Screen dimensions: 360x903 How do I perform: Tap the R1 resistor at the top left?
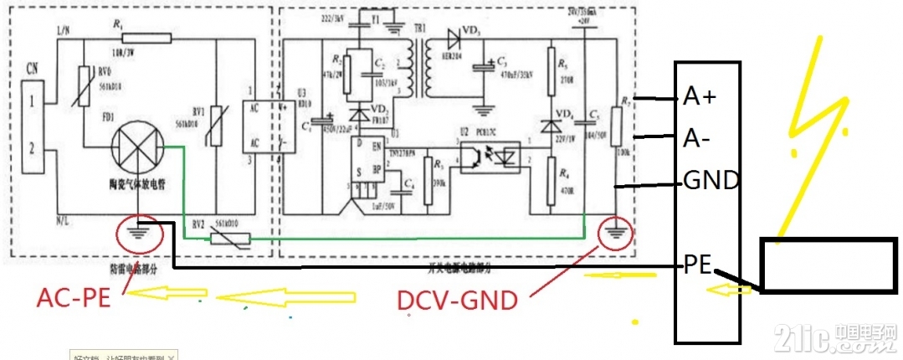click(146, 37)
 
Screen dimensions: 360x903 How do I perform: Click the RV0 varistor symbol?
click(84, 90)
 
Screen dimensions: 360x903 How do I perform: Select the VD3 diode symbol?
click(456, 38)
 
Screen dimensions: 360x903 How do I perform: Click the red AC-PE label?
click(74, 297)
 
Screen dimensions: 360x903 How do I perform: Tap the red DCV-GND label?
click(457, 299)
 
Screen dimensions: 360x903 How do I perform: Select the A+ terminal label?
click(700, 98)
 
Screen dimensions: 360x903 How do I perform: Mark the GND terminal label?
click(710, 179)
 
